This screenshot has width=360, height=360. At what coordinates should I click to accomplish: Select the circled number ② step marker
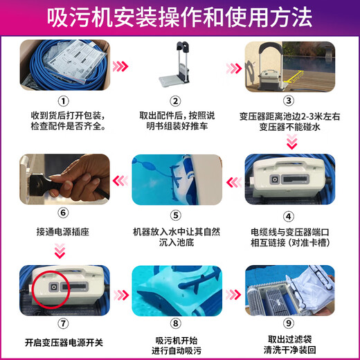(181, 98)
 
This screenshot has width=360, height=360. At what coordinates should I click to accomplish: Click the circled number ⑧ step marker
(181, 323)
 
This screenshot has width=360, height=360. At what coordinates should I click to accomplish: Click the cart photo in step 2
(179, 65)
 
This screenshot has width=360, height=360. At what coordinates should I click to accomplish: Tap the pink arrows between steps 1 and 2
(121, 66)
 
